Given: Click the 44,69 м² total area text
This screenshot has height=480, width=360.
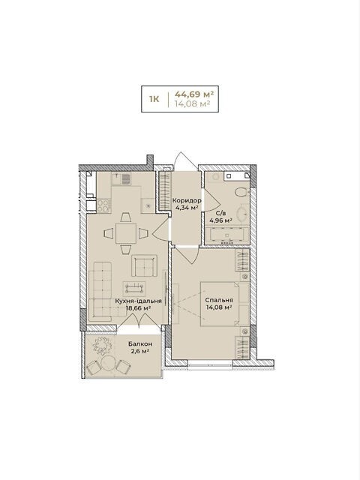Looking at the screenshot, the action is (193, 93).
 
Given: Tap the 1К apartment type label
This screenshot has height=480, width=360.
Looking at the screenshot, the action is (154, 99).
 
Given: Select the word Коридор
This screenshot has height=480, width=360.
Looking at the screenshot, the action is (187, 201).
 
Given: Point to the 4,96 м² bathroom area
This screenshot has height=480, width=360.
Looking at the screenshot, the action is (220, 220).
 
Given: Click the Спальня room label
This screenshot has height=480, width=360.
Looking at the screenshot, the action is (219, 300).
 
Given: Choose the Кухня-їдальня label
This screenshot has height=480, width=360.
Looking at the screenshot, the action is (138, 301).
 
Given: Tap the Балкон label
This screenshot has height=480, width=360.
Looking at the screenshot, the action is (140, 344).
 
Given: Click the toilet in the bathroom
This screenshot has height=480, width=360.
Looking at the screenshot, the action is (241, 193).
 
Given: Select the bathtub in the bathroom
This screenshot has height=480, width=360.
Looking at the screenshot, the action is (226, 235).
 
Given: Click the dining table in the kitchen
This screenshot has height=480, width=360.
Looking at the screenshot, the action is (126, 233).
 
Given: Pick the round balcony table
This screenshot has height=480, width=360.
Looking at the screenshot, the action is (107, 364).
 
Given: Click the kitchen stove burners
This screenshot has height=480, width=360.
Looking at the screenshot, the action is (103, 205).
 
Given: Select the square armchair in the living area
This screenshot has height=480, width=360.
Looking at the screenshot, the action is (145, 265).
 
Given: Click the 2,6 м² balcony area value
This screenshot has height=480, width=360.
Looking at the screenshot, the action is (140, 351).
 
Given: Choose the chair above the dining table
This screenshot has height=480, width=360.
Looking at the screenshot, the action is (126, 217).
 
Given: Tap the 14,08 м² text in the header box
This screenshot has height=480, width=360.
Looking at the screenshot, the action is (192, 103).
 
